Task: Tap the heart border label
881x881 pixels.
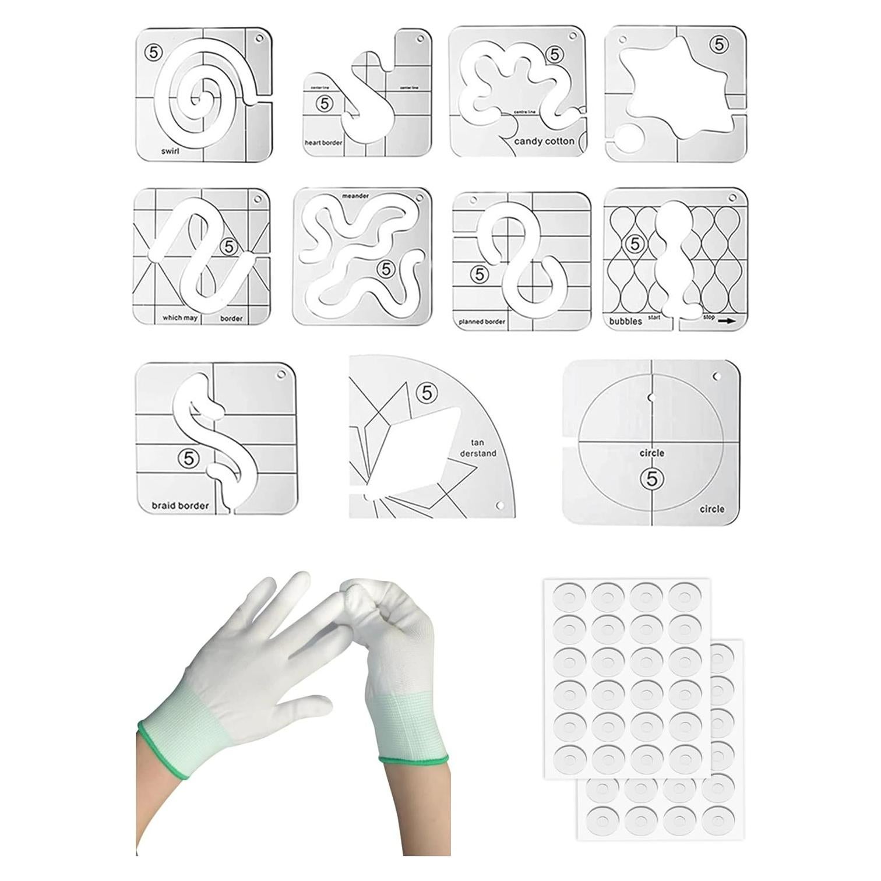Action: click(x=323, y=142)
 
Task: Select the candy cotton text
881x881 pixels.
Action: click(x=544, y=141)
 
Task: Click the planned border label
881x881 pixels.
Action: click(x=482, y=321)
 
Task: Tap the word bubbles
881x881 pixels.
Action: click(x=626, y=321)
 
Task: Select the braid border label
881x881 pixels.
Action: click(x=180, y=505)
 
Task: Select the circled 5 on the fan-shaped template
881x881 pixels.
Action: click(x=427, y=393)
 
